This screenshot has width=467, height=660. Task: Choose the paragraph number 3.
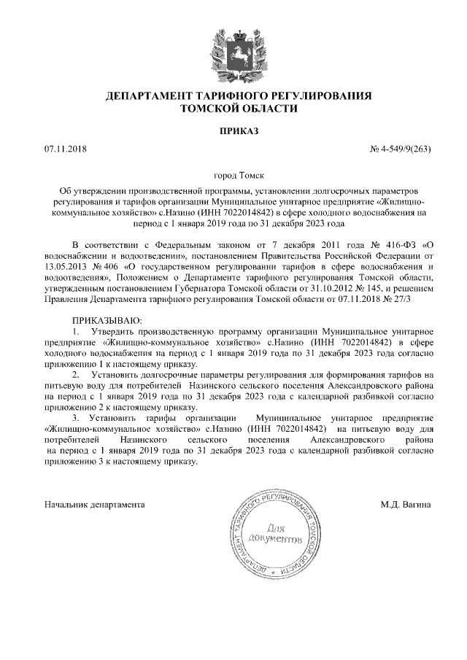click(75, 419)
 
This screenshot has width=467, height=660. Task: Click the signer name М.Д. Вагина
click(406, 504)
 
